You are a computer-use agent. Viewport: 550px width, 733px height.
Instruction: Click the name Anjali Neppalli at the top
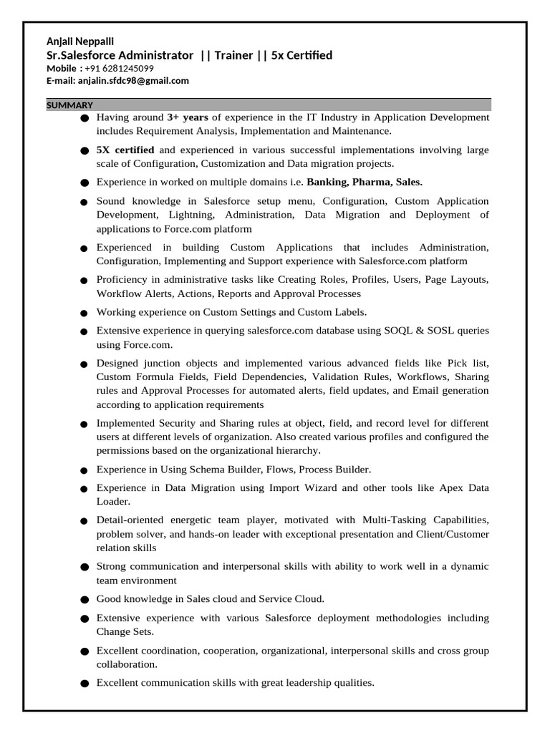coord(80,42)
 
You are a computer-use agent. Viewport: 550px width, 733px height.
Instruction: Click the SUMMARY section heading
coord(69,105)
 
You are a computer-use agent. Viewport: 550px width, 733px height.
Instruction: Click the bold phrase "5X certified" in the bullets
coord(125,150)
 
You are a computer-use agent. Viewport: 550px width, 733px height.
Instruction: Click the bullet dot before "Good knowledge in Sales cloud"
coord(85,600)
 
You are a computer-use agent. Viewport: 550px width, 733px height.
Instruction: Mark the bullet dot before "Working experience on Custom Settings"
coord(85,314)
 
